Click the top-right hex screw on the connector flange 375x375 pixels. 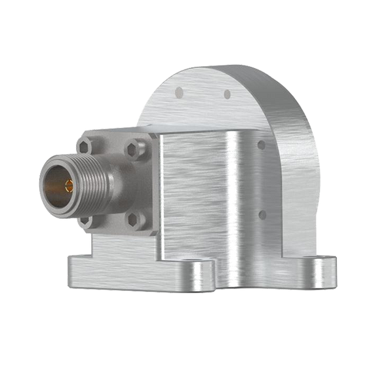point(136,149)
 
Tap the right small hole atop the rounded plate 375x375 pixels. point(227,94)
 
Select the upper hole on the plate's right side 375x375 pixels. point(262,145)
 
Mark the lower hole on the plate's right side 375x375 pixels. point(262,214)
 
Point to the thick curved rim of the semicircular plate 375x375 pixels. point(288,131)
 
